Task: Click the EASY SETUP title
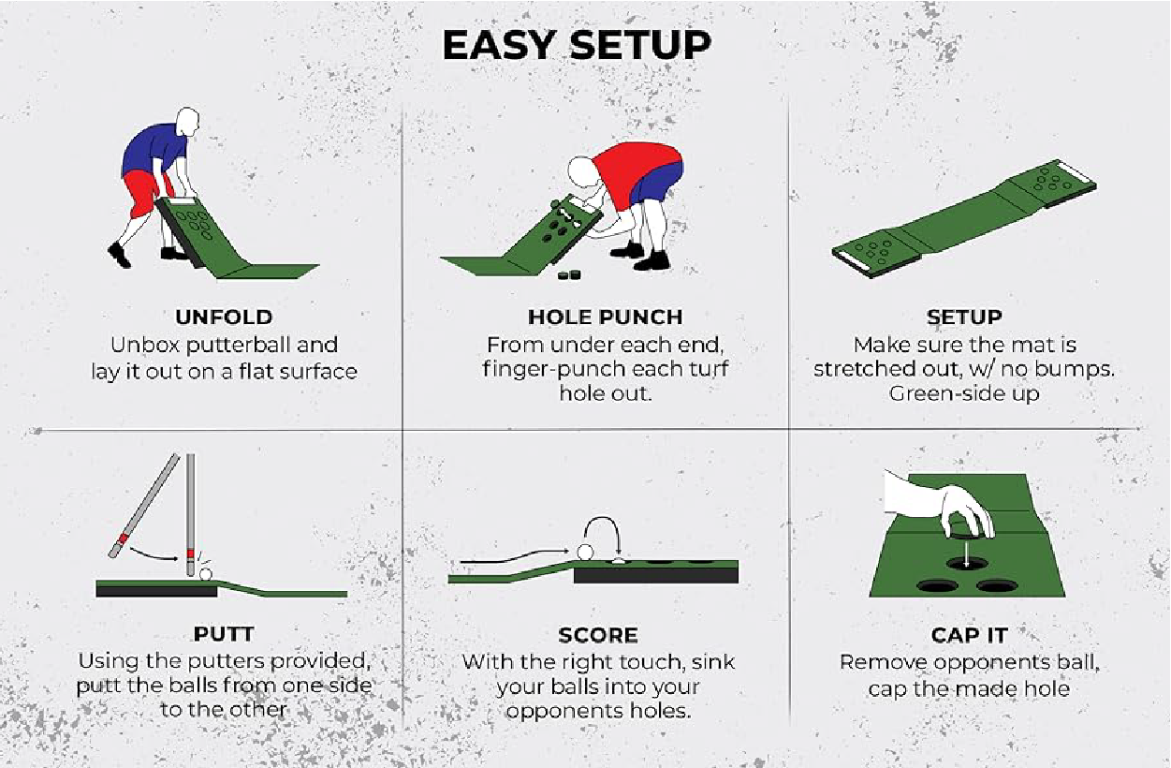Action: tap(577, 45)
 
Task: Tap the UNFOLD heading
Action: tap(224, 318)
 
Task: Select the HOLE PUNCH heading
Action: tap(606, 318)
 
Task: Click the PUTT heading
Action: tap(224, 634)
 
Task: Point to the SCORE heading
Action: tap(598, 635)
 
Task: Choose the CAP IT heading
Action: tap(969, 635)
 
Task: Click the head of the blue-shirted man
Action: tap(187, 123)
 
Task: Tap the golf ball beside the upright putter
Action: tap(205, 574)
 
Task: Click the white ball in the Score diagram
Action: tap(585, 553)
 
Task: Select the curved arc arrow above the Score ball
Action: tap(601, 520)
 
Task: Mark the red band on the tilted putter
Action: tap(124, 538)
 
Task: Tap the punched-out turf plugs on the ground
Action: tap(570, 274)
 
